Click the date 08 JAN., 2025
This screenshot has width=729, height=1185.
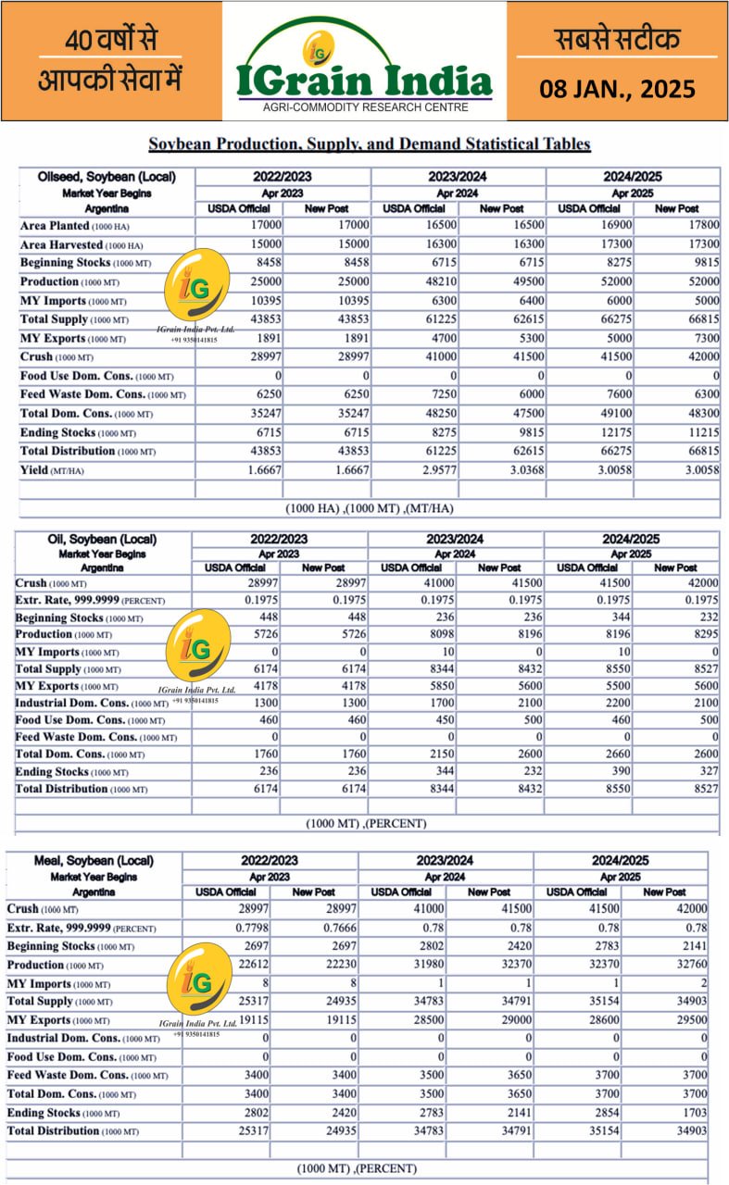617,90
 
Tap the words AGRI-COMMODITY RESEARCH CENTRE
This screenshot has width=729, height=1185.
364,107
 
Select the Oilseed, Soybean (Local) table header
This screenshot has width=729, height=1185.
107,177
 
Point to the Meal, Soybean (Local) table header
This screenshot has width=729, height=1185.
94,861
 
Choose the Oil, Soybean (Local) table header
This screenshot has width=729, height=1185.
102,540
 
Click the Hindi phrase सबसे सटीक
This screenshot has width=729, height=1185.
617,39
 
